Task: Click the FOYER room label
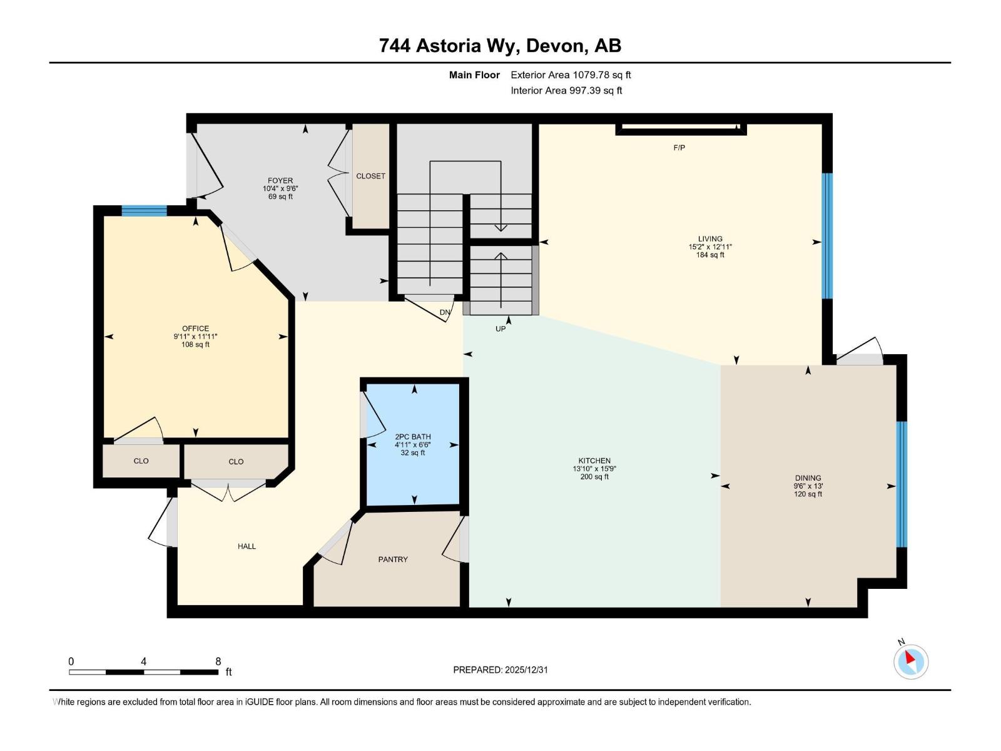click(280, 181)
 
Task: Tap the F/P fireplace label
click(679, 148)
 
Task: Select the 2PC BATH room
click(413, 444)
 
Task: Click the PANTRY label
click(393, 559)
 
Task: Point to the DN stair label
click(445, 312)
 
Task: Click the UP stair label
click(500, 329)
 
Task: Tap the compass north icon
click(910, 661)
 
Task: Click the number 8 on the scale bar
click(218, 662)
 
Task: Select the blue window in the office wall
click(144, 211)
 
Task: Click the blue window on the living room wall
click(827, 235)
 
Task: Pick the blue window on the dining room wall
click(901, 484)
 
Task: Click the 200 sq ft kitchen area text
click(594, 477)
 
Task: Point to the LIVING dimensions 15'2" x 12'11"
click(710, 247)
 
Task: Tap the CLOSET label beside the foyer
click(370, 176)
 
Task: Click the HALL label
click(246, 546)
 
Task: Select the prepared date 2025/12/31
click(526, 670)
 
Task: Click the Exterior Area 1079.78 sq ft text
click(571, 75)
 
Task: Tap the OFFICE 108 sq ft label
click(195, 344)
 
